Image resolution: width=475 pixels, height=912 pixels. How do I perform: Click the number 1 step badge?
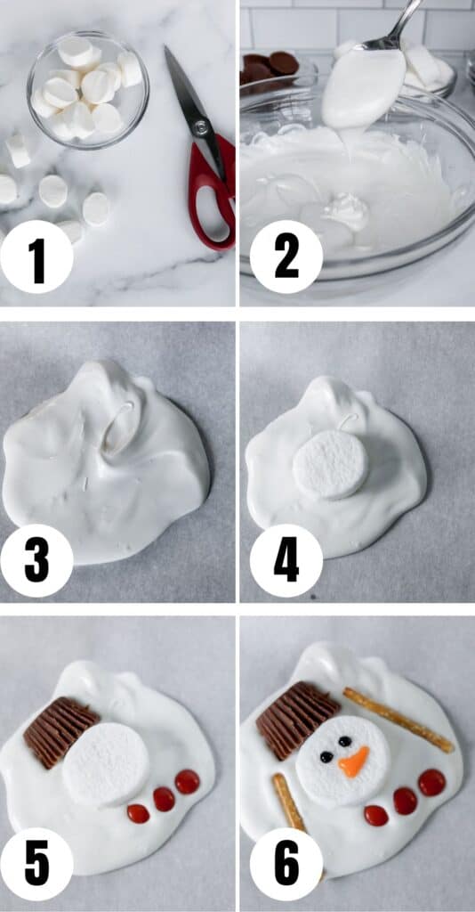[36, 256]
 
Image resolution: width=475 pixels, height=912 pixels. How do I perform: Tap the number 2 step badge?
[286, 256]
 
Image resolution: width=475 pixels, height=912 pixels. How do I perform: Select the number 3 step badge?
[36, 560]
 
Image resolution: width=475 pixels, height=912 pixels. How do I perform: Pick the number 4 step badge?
[286, 560]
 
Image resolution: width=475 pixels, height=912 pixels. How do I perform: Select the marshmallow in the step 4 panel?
[331, 464]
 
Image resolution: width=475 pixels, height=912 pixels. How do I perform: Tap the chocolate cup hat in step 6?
[296, 720]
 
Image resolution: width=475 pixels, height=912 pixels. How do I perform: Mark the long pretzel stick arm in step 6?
[399, 720]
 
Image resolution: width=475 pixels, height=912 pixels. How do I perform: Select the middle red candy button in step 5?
[164, 799]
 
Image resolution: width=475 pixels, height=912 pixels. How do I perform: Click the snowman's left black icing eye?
[326, 757]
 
